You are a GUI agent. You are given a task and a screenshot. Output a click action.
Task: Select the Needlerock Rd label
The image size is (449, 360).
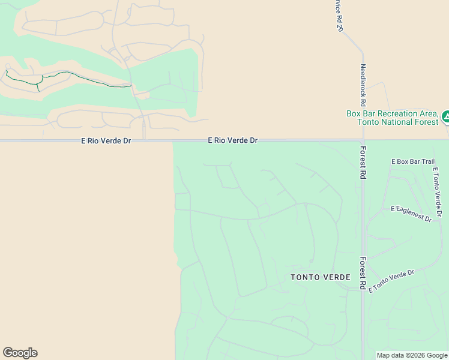[x=363, y=85]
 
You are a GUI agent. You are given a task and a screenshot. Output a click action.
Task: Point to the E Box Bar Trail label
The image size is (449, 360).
[x=412, y=161]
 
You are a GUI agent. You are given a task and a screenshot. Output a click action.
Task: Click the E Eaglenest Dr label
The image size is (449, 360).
[x=411, y=214]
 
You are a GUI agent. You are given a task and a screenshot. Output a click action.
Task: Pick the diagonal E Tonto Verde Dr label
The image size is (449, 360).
[x=391, y=281]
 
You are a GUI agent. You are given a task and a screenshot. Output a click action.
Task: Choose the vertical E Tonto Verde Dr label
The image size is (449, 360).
[x=438, y=191]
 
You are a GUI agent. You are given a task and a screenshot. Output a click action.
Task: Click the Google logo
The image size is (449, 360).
[x=20, y=353]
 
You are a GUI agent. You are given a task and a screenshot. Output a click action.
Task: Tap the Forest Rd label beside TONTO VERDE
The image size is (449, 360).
[x=363, y=274]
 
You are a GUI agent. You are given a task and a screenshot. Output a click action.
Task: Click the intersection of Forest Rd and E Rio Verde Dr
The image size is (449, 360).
[x=363, y=140]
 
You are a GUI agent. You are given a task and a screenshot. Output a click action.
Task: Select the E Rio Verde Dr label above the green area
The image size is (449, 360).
[x=233, y=140]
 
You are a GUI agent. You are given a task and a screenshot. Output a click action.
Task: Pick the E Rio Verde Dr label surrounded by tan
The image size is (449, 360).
[x=106, y=140]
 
